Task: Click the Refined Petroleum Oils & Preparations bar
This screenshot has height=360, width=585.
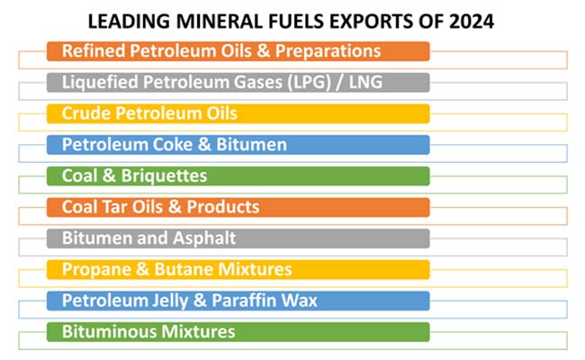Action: point(238,51)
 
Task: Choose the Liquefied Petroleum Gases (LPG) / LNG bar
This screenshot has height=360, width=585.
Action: point(238,83)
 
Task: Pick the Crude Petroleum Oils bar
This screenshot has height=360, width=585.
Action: point(238,113)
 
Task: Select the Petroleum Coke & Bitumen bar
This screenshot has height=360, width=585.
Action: point(238,145)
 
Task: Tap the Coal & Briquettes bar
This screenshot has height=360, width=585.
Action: point(238,175)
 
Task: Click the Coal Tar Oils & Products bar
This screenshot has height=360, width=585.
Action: point(238,207)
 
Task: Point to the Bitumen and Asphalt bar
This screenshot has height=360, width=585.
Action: point(238,238)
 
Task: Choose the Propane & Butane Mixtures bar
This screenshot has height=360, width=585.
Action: point(238,269)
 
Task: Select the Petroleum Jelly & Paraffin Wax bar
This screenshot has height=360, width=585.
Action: point(238,301)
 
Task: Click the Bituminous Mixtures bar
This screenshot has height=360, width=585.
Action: point(238,332)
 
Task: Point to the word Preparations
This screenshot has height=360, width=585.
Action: point(331,51)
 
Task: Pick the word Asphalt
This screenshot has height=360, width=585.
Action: point(205,238)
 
